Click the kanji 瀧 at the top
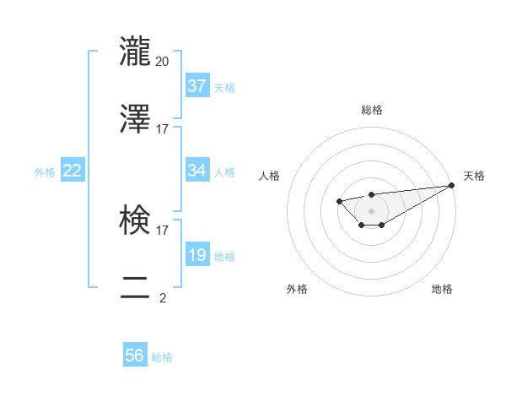click(136, 51)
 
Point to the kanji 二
click(136, 287)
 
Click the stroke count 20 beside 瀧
click(163, 62)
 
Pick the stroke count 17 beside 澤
click(163, 129)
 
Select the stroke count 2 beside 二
click(163, 298)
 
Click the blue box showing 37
click(196, 86)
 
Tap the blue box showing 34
click(196, 171)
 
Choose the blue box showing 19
click(196, 255)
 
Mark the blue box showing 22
click(73, 171)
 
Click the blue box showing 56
click(135, 356)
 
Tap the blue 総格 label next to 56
click(162, 357)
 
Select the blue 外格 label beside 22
click(45, 172)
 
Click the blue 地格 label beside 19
click(224, 257)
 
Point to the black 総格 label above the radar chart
click(372, 110)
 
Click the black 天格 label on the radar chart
click(474, 176)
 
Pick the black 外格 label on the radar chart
click(297, 290)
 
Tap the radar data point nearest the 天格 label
click(452, 185)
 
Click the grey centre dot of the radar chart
click(371, 210)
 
